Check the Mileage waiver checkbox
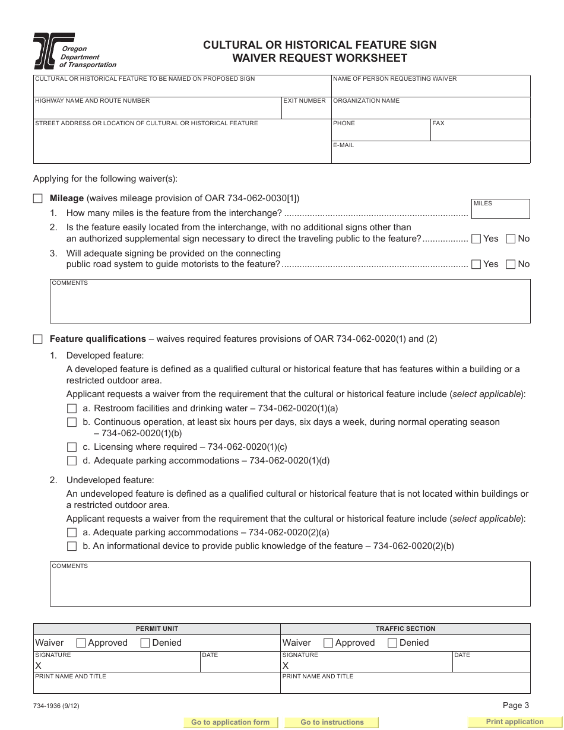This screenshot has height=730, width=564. click(38, 199)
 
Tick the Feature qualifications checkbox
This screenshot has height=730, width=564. click(38, 339)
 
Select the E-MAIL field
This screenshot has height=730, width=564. click(430, 155)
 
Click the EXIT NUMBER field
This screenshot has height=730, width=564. click(305, 110)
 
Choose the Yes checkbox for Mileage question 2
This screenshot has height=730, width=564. click(476, 239)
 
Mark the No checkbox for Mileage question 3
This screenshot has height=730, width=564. click(511, 265)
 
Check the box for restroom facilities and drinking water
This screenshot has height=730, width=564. click(72, 409)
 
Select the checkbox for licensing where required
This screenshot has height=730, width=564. click(72, 447)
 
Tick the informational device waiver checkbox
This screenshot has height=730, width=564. click(72, 547)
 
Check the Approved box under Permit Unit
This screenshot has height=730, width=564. click(81, 643)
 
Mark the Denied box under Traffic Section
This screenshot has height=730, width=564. click(392, 643)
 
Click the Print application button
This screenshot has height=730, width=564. click(514, 722)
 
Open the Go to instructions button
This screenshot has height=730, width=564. click(332, 722)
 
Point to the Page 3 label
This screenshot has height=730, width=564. click(515, 706)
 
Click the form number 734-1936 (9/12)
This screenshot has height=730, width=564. click(57, 706)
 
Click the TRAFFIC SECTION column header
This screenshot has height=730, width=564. click(405, 629)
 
